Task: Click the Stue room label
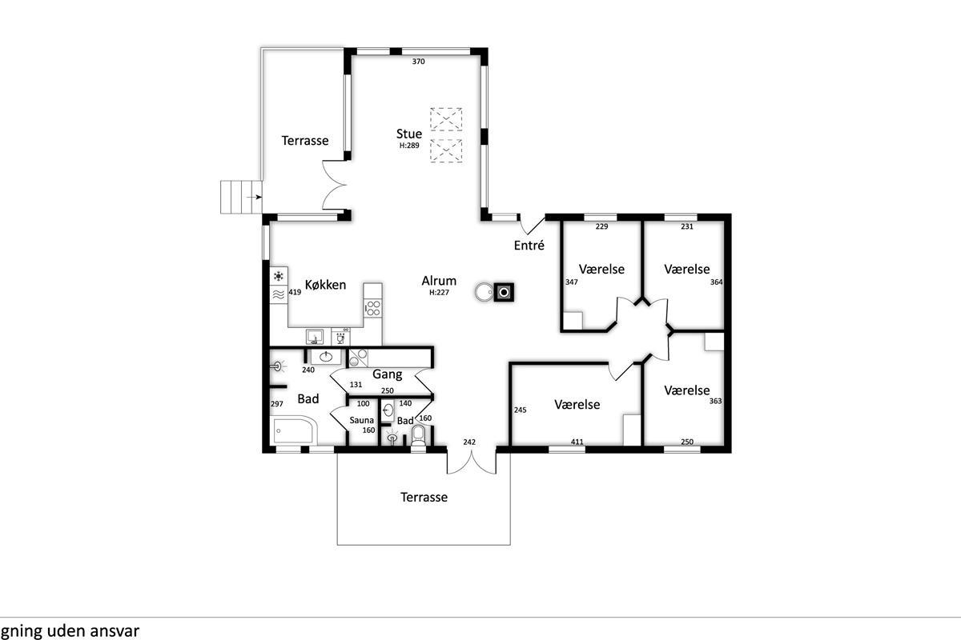pos(409,134)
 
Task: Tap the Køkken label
pos(325,285)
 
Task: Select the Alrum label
pos(439,281)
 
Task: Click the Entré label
pos(529,245)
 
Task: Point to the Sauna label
pos(361,420)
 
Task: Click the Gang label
pos(387,374)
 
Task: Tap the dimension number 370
pos(418,62)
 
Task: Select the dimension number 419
pos(295,292)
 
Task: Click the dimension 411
pos(577,442)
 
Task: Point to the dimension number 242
pos(469,442)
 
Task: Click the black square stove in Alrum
pos(504,292)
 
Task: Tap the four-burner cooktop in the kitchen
pos(373,308)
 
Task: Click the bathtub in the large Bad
pos(295,430)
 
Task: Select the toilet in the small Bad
pos(418,436)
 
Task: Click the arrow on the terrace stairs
pos(255,197)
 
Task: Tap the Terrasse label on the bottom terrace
pos(424,498)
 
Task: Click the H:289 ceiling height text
pos(409,146)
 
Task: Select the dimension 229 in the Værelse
pos(601,226)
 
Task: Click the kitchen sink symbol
pos(315,337)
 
